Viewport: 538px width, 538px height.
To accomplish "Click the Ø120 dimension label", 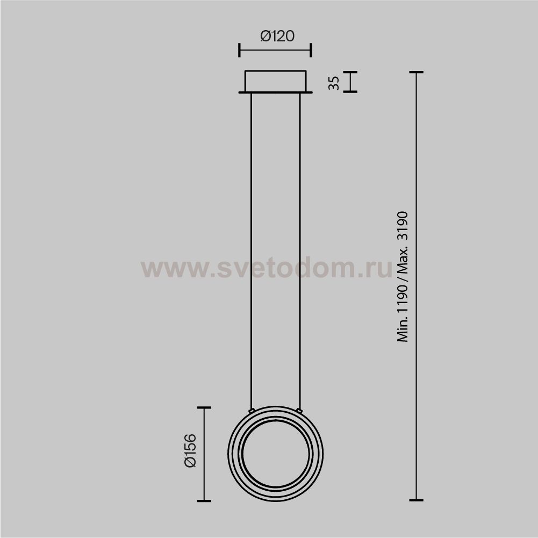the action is (277, 36).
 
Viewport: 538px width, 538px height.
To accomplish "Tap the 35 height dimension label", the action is (334, 83).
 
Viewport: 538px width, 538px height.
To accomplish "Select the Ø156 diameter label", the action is (190, 450).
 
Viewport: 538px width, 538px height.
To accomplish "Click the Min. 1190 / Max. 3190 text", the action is (403, 277).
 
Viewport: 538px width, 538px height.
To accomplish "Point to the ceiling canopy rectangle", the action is (275, 81).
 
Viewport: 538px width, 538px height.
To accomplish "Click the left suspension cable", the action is (251, 251).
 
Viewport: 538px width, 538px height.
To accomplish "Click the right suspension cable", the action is (300, 251).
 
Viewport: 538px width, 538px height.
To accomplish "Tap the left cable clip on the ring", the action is (252, 411).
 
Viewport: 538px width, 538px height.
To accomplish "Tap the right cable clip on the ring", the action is (299, 411).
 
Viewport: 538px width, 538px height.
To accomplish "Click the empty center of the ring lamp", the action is (276, 454).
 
